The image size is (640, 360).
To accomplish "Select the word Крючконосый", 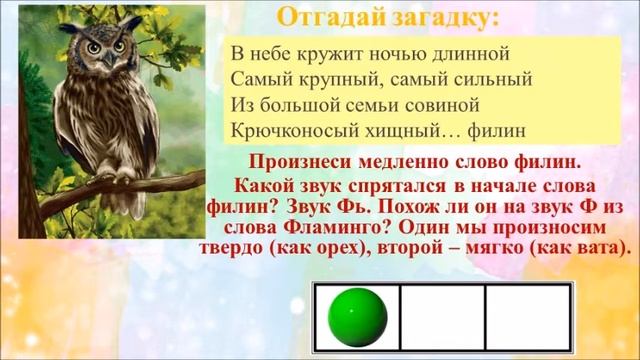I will click(291, 130).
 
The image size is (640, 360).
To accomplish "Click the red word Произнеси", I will click(303, 163).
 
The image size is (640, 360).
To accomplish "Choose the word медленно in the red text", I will click(414, 163).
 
